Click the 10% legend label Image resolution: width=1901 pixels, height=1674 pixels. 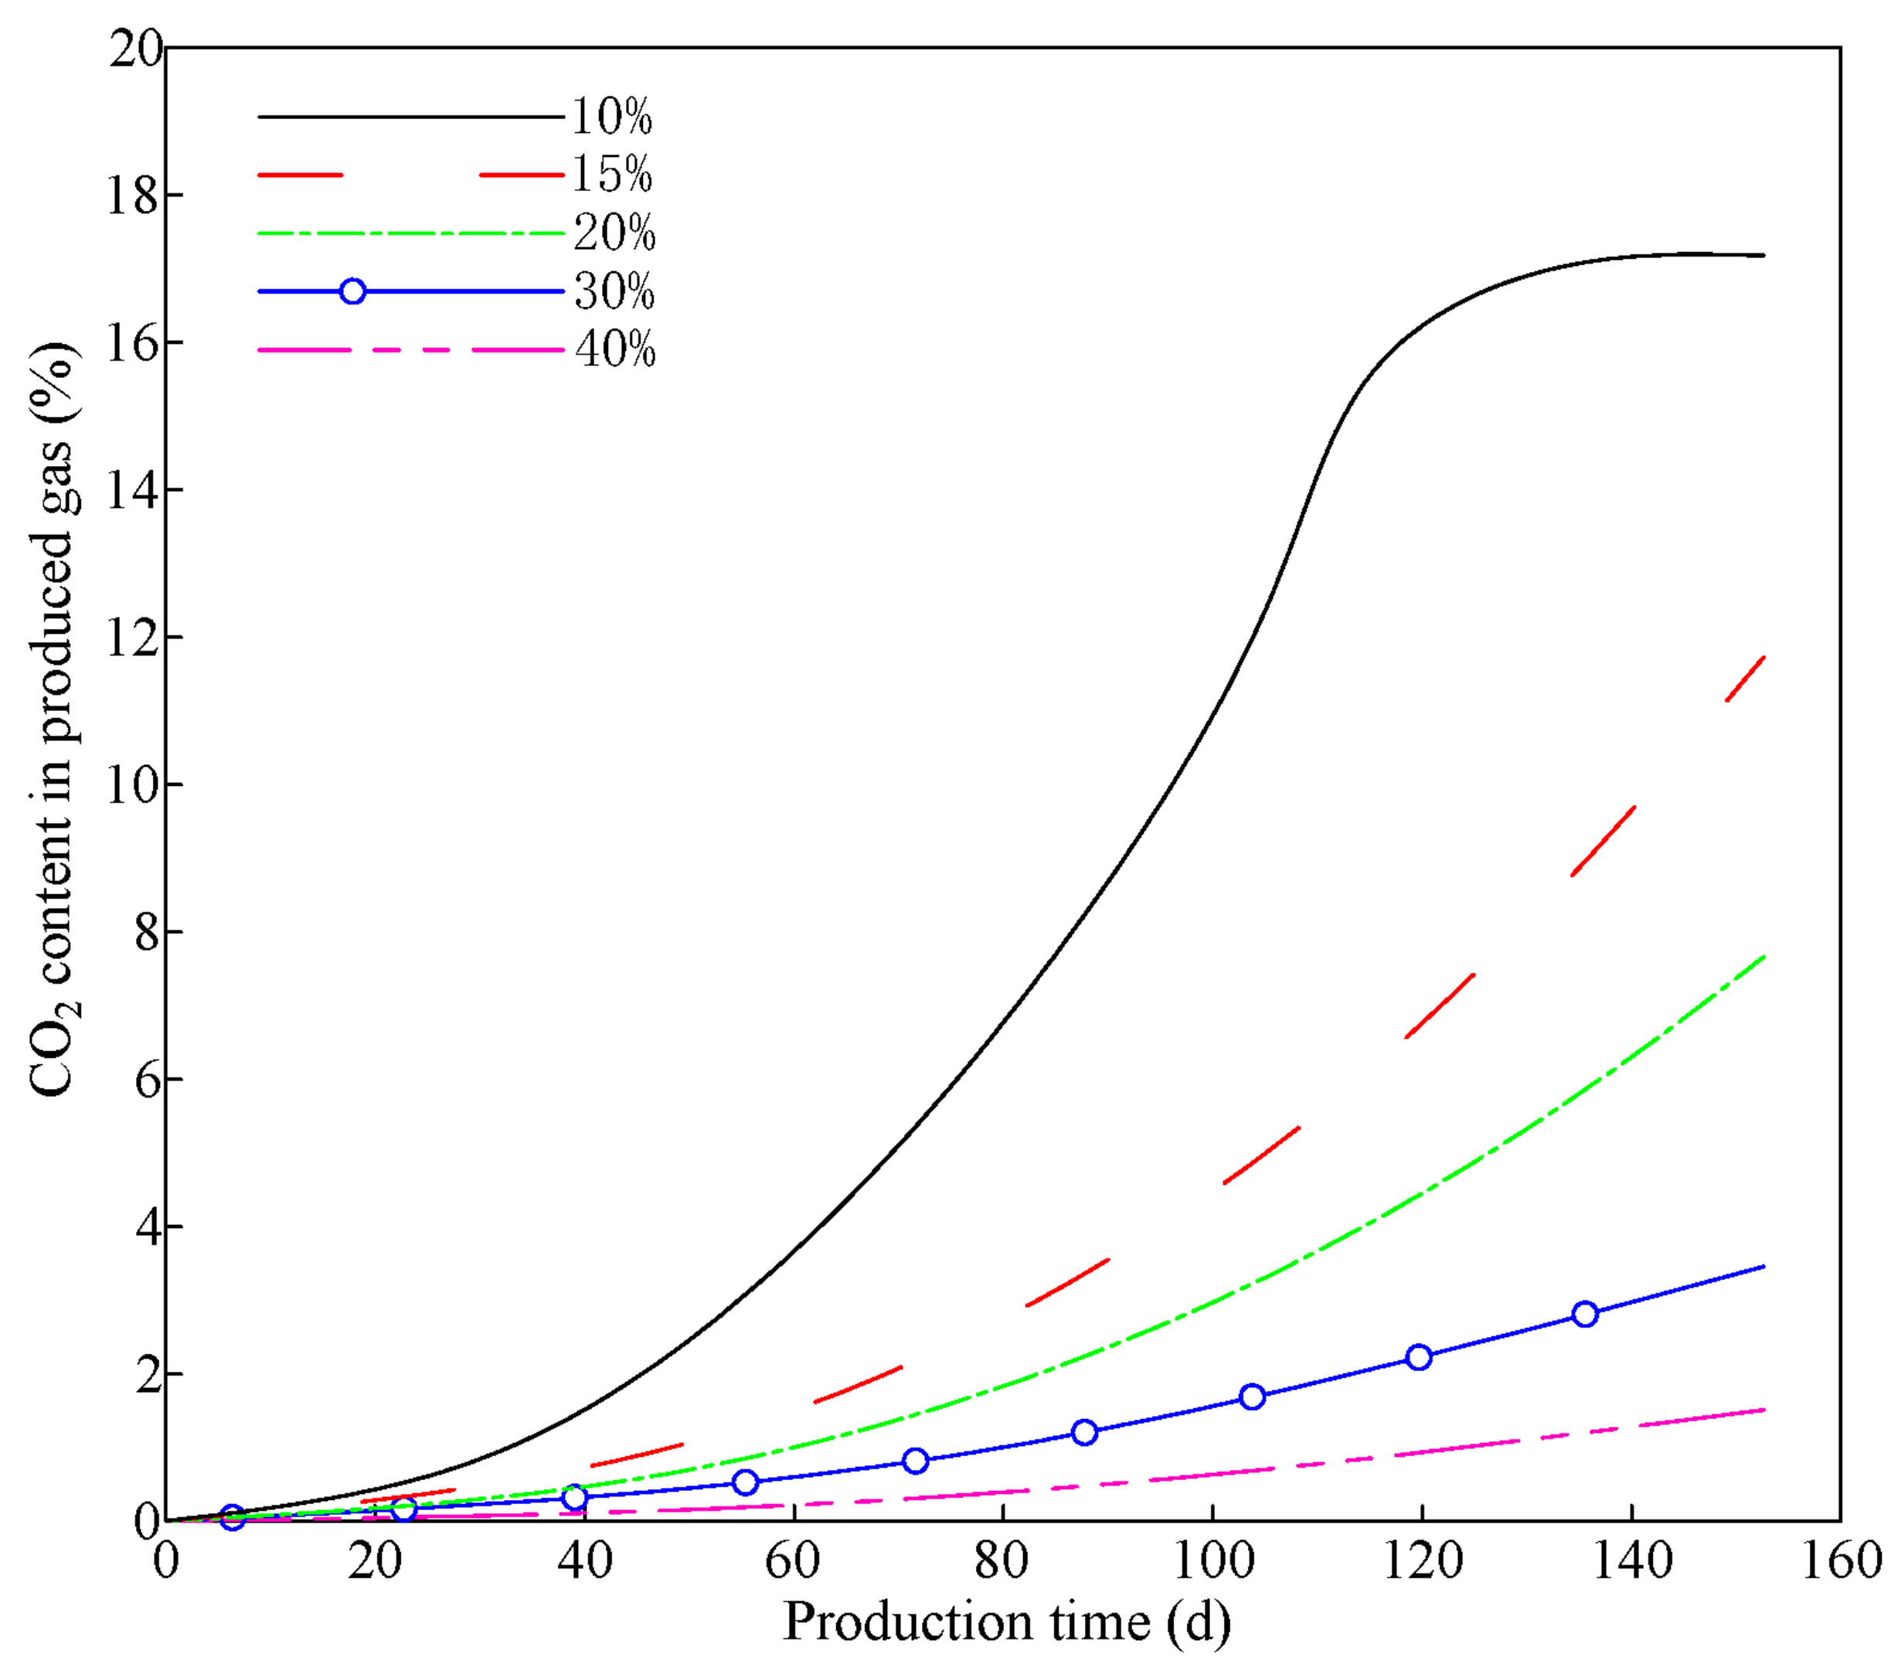[611, 117]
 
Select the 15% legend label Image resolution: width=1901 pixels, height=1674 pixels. [611, 175]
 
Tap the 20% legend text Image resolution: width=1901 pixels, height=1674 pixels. [614, 233]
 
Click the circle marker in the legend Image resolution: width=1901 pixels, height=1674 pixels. [352, 291]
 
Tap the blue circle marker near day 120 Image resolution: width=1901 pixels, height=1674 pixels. [1418, 1357]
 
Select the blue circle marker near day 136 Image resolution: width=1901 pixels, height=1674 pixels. [1586, 1314]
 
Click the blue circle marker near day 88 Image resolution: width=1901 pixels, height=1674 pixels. [1084, 1432]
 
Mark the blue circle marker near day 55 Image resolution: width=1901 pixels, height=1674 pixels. [745, 1482]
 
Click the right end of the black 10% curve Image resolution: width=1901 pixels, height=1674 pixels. [1763, 255]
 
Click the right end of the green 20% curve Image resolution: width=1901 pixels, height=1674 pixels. [1763, 957]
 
